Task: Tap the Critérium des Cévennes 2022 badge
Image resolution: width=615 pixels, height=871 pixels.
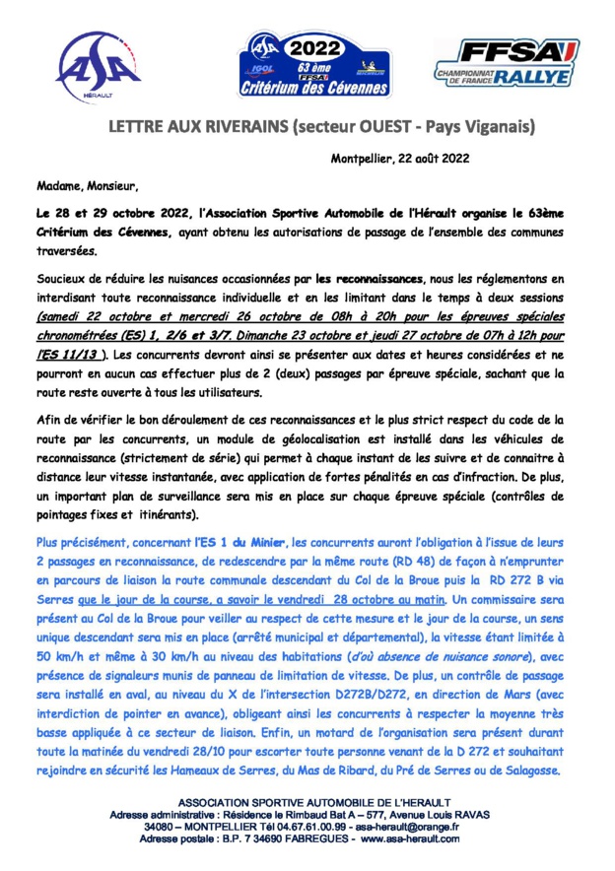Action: pyautogui.click(x=307, y=65)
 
